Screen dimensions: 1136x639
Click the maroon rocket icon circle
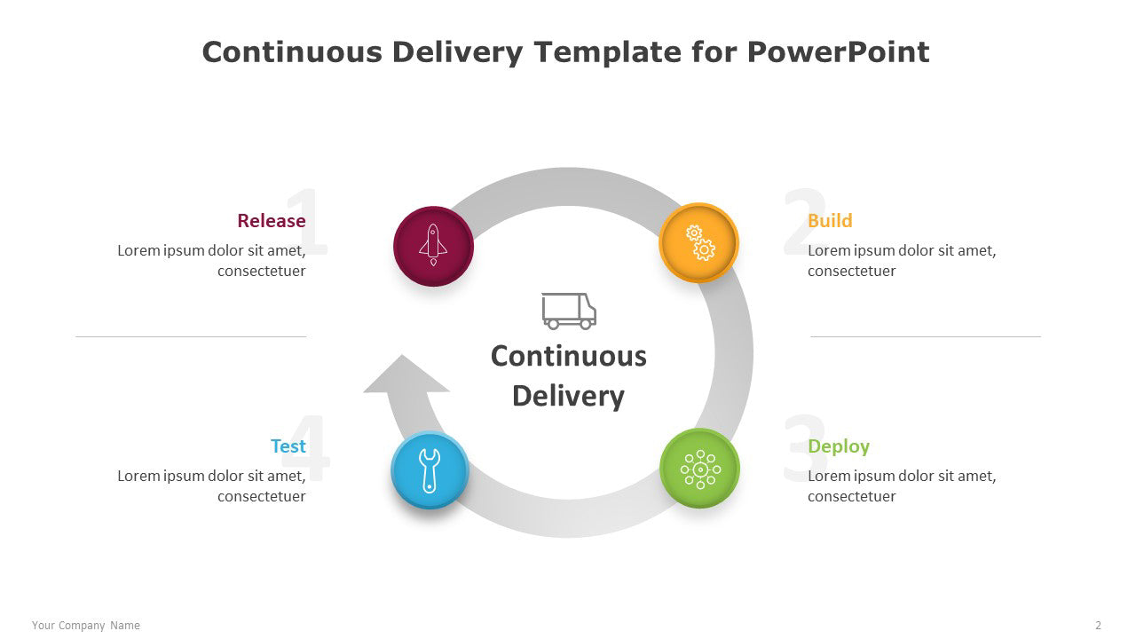(x=434, y=247)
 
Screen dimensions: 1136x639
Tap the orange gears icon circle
(x=698, y=243)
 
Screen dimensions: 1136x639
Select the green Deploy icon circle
(x=700, y=469)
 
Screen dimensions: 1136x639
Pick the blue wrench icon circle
(x=430, y=470)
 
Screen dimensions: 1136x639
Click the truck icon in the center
(x=569, y=311)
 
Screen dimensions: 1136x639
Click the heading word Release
(x=272, y=221)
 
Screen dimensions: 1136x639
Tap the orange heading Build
(x=830, y=221)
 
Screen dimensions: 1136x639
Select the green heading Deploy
(x=839, y=446)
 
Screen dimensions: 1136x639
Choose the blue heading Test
(x=288, y=446)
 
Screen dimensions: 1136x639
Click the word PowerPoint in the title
(x=839, y=52)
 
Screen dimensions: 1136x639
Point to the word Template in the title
(x=608, y=51)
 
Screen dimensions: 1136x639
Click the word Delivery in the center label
(x=569, y=397)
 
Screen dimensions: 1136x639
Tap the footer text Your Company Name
(x=86, y=626)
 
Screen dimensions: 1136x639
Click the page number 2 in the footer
(x=1098, y=626)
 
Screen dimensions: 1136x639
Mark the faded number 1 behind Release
(x=308, y=221)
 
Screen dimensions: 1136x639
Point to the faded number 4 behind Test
(x=305, y=447)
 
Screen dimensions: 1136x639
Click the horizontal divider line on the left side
(x=191, y=336)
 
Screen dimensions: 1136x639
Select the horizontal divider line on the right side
(x=926, y=336)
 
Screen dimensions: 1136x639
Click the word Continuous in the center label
(x=569, y=356)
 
